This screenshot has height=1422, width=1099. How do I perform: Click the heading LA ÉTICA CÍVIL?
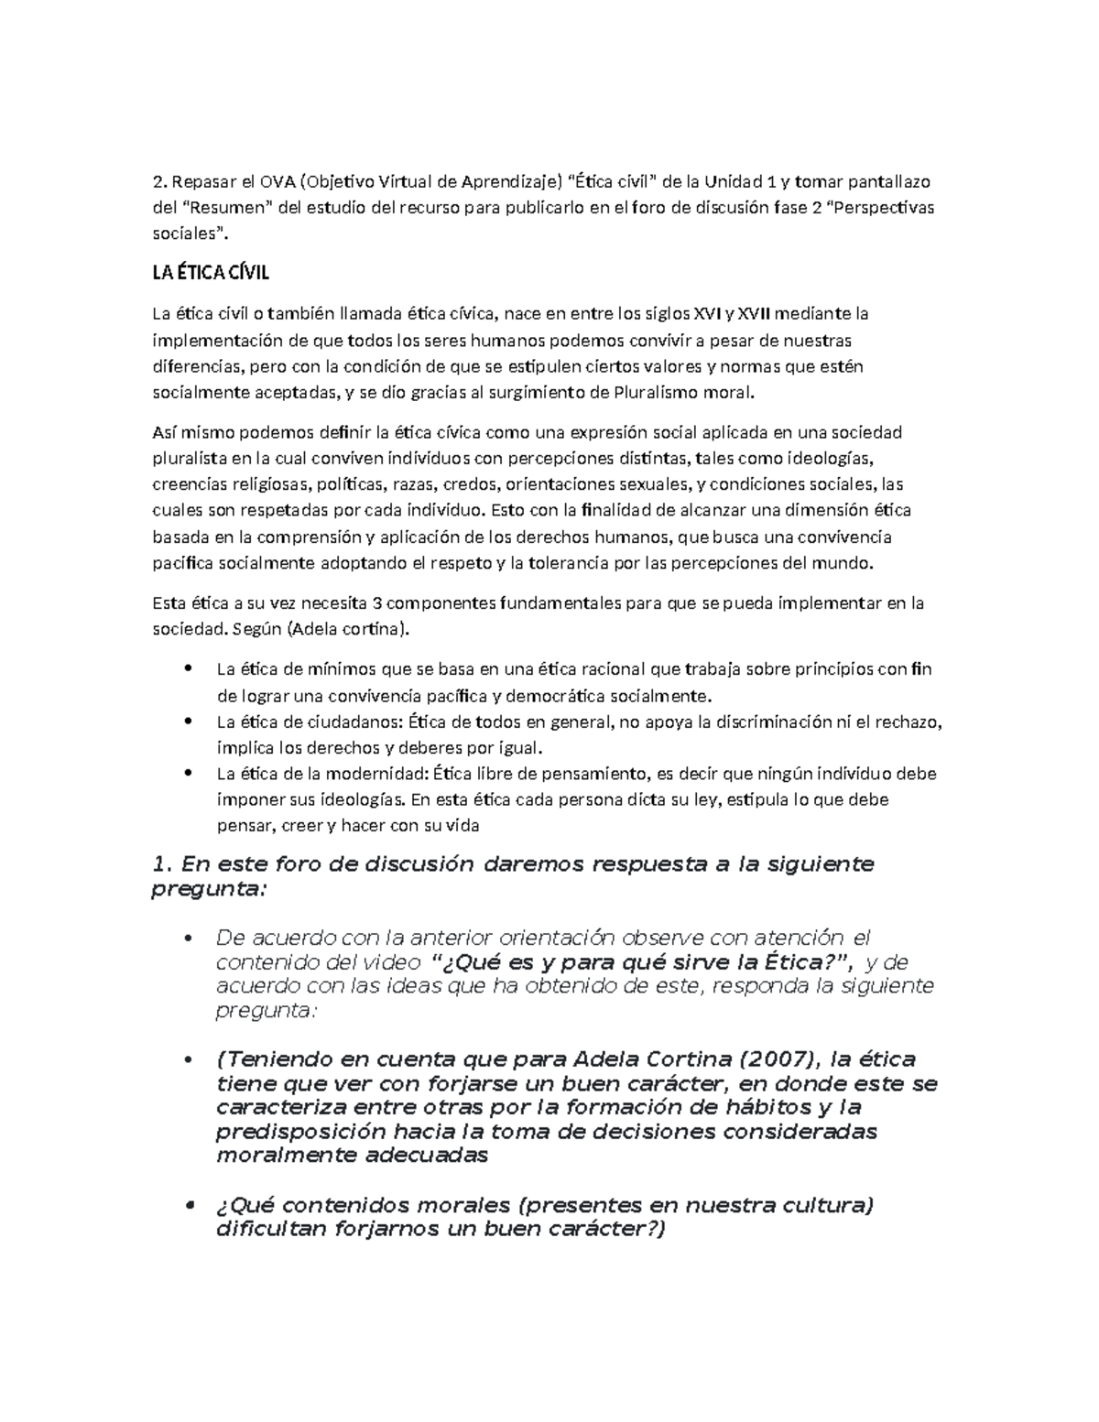tap(210, 275)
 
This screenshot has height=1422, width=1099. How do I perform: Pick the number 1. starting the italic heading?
tap(161, 864)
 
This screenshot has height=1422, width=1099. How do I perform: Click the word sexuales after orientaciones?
tap(654, 484)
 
